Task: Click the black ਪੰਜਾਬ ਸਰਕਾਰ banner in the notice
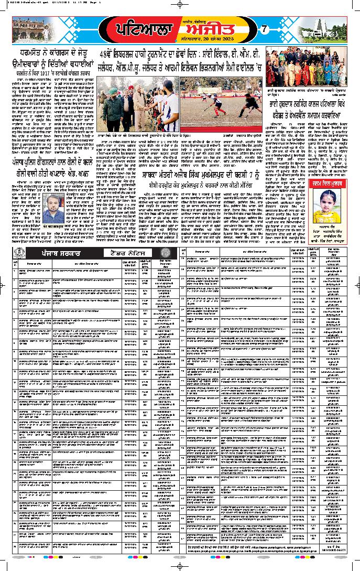(51, 253)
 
